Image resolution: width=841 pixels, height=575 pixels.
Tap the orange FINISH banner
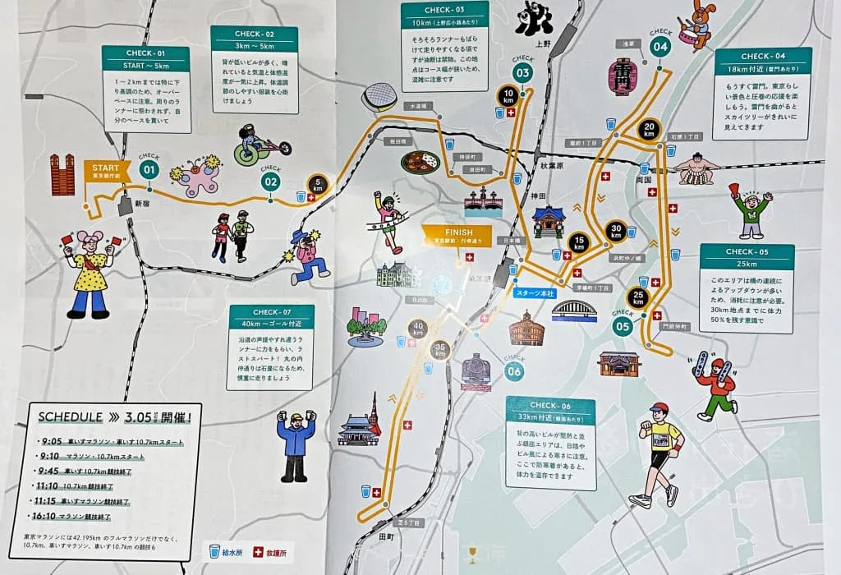457,235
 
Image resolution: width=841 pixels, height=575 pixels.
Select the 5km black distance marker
318,186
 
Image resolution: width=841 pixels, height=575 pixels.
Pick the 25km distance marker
638,297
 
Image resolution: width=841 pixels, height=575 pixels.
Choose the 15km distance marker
578,242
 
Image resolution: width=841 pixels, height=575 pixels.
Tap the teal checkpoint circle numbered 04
660,47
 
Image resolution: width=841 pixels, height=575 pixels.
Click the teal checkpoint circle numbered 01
149,170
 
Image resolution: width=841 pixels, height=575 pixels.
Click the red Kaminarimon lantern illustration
623,77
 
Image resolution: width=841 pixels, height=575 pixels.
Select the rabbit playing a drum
699,25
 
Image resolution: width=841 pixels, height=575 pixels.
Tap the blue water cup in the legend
214,551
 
